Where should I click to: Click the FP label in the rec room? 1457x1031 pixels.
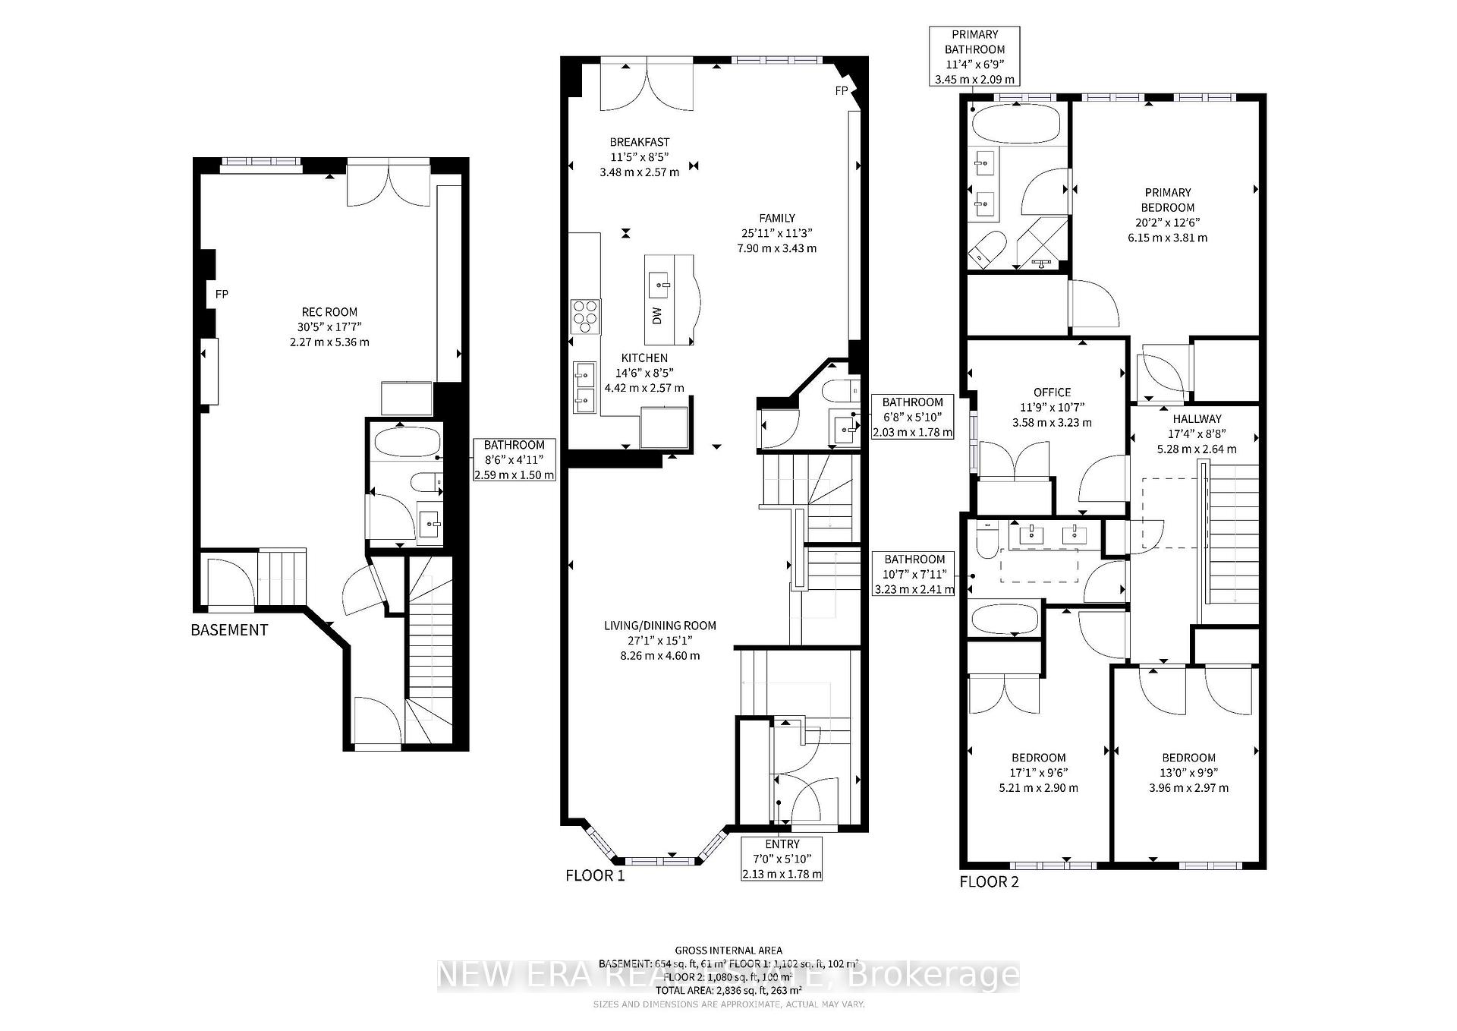(222, 295)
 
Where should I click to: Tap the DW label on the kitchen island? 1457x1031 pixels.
(658, 315)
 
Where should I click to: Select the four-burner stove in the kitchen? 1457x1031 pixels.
(586, 316)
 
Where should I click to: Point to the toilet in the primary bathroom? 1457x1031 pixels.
(989, 249)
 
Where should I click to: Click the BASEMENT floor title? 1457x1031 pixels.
(229, 630)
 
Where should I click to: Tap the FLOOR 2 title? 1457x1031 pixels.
(990, 882)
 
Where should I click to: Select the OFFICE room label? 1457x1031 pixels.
(1052, 393)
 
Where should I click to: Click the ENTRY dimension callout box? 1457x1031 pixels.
(782, 859)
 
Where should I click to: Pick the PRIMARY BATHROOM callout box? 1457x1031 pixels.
(974, 56)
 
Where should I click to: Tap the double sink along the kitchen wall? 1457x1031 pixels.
(584, 387)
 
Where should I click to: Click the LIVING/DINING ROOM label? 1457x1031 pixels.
(659, 626)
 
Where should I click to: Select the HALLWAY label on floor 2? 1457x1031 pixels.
(1197, 419)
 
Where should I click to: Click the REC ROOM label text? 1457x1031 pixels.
(329, 312)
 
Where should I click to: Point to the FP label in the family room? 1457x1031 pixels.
(841, 90)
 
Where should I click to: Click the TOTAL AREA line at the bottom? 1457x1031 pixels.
(728, 991)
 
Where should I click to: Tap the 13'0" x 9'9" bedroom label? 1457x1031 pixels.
(1188, 773)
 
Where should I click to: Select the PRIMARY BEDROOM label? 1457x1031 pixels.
(1168, 200)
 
